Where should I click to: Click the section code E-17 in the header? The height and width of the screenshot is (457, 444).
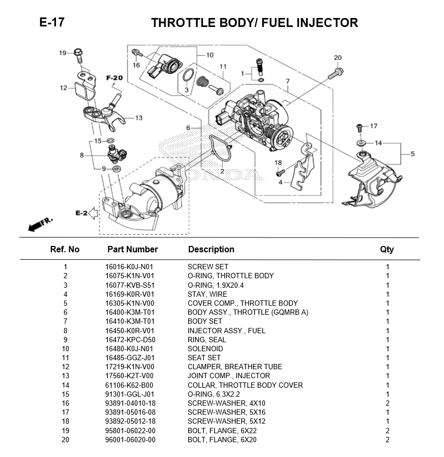[x=52, y=22]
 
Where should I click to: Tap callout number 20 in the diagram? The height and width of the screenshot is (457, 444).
[x=338, y=58]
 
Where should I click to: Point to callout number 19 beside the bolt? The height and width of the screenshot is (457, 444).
[x=62, y=53]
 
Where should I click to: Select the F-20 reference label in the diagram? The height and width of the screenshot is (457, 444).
[x=114, y=78]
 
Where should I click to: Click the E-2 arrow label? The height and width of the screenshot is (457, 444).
[x=80, y=213]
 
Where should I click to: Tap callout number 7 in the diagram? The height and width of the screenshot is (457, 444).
[x=288, y=81]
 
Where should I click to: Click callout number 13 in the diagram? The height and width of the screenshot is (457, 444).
[x=138, y=118]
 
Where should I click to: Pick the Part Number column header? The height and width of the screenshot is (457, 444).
[x=133, y=249]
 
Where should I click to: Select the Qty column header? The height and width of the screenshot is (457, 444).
[x=387, y=250]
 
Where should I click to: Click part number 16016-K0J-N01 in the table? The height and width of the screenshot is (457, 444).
[x=129, y=267]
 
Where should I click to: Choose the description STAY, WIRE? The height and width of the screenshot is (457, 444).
[x=207, y=294]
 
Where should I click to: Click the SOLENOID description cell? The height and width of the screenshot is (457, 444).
[x=205, y=349]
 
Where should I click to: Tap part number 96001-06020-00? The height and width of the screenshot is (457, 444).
[x=130, y=440]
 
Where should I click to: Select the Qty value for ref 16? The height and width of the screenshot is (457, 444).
[x=387, y=403]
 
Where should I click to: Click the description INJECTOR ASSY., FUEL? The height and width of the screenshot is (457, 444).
[x=227, y=331]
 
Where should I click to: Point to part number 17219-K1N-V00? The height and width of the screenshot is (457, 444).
[x=129, y=367]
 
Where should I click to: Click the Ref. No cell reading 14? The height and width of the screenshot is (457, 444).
[x=65, y=385]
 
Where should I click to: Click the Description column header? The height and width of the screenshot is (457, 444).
[x=211, y=249]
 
